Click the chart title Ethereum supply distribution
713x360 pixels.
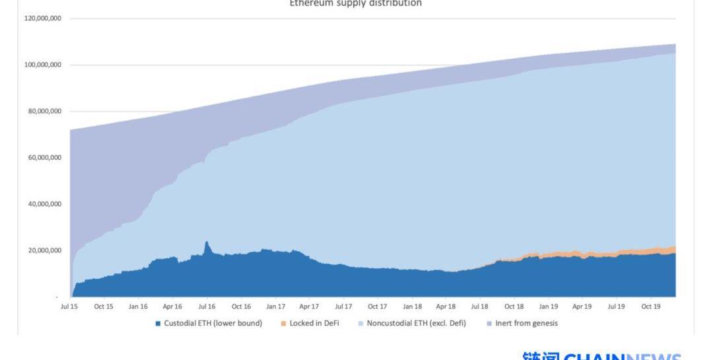tap(356, 3)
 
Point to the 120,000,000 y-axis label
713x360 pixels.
tap(44, 18)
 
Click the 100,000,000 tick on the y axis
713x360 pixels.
tap(44, 65)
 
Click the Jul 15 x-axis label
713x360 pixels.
tap(69, 306)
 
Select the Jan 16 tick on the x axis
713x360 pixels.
tap(137, 306)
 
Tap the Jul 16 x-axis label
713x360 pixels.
tap(207, 306)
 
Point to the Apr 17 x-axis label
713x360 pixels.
tap(309, 306)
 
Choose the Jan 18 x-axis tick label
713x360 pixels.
tap(412, 306)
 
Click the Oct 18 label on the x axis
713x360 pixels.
tap(514, 306)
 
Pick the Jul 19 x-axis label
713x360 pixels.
tap(617, 306)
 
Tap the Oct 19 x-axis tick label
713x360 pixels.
tap(651, 306)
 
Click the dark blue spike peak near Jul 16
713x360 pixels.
tap(207, 242)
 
